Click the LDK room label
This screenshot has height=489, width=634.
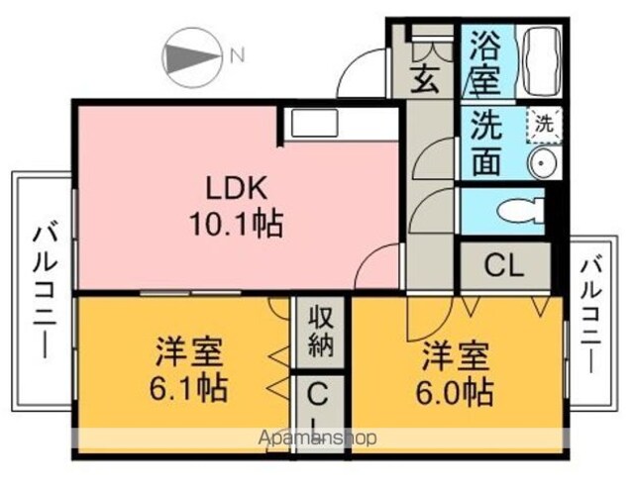pos(237,188)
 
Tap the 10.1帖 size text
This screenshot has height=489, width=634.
pos(236,224)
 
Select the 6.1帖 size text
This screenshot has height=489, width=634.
pos(188,388)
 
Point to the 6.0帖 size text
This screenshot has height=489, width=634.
pos(455,392)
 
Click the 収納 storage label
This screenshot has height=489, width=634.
pos(321,331)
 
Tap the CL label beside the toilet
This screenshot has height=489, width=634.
pos(504,265)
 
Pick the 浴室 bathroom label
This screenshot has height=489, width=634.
pos(484,61)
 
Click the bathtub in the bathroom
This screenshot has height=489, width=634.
pos(542,61)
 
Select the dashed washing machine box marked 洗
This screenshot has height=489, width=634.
pos(544,125)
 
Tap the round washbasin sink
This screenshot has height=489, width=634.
pos(543,162)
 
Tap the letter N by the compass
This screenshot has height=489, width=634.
pos(238,55)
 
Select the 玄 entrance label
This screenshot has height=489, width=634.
pos(425,79)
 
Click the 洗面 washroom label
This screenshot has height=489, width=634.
pos(486,143)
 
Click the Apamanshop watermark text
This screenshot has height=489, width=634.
pos(317,438)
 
